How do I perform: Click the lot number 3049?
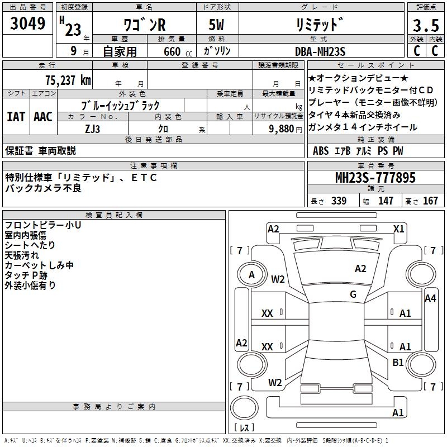pyautogui.click(x=28, y=25)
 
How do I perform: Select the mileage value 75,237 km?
pyautogui.click(x=67, y=80)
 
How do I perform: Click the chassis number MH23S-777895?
pyautogui.click(x=375, y=178)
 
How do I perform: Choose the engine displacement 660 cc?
pyautogui.click(x=171, y=51)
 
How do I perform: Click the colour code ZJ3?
pyautogui.click(x=93, y=129)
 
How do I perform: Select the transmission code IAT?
pyautogui.click(x=16, y=117)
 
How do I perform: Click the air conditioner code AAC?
pyautogui.click(x=43, y=117)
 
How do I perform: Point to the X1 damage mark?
pyautogui.click(x=398, y=229)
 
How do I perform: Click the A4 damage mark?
pyautogui.click(x=430, y=298)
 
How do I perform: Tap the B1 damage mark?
pyautogui.click(x=398, y=363)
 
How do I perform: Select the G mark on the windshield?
pyautogui.click(x=353, y=294)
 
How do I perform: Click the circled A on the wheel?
pyautogui.click(x=251, y=275)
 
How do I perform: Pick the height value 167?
pyautogui.click(x=431, y=201)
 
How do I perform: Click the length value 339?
pyautogui.click(x=338, y=201)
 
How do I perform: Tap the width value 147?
pyautogui.click(x=386, y=201)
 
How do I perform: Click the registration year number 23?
pyautogui.click(x=73, y=30)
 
